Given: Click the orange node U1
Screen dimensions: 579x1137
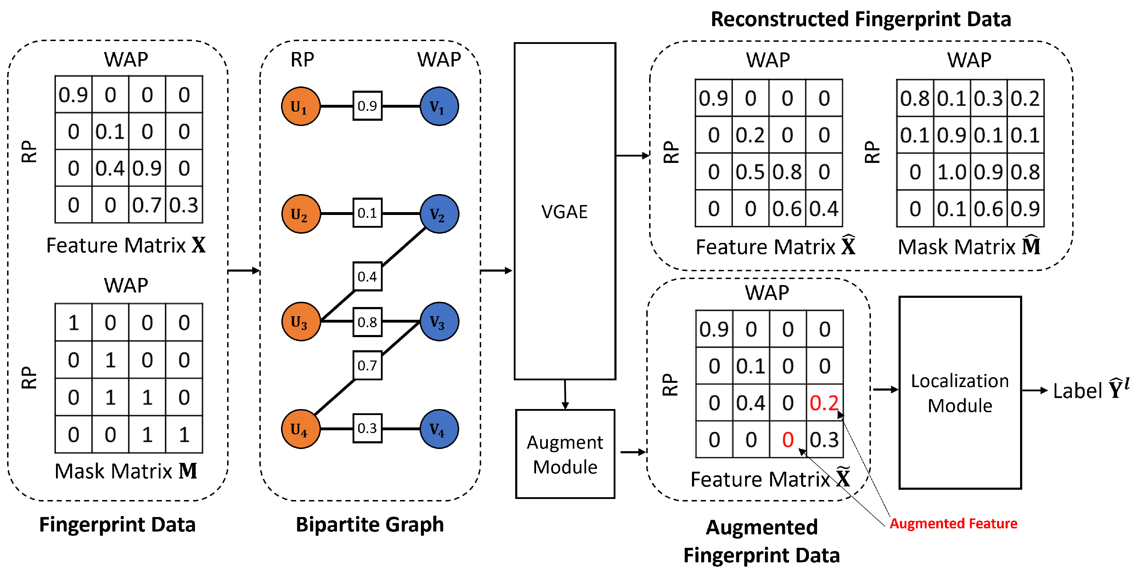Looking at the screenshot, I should (300, 106).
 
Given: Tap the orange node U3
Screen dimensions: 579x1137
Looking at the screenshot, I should (300, 322).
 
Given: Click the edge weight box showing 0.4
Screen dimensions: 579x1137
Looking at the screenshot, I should (367, 277).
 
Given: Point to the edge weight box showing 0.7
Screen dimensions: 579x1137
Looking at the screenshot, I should (367, 365).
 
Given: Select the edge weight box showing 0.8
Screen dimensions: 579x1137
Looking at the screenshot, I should (367, 322).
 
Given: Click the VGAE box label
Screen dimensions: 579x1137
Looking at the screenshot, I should (564, 212).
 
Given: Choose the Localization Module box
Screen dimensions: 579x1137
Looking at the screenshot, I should (960, 393).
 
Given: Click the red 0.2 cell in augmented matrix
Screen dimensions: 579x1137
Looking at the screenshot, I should (824, 403).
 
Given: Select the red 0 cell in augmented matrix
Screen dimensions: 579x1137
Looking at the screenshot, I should (788, 439).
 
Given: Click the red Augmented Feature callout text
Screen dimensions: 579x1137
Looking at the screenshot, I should (953, 523).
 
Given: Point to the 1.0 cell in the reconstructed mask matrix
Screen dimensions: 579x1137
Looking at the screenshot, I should (952, 172).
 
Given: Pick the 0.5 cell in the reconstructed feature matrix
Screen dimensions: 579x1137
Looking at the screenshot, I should (750, 172).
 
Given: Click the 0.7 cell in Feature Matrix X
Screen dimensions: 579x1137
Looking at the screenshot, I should (147, 205).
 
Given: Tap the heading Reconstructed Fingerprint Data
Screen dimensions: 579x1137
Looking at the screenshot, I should (861, 19).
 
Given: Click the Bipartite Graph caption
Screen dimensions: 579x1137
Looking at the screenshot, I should (370, 524).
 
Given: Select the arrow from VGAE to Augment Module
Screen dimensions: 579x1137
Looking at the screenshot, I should (565, 394).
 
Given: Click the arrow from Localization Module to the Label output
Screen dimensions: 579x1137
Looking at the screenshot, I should (1034, 390).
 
